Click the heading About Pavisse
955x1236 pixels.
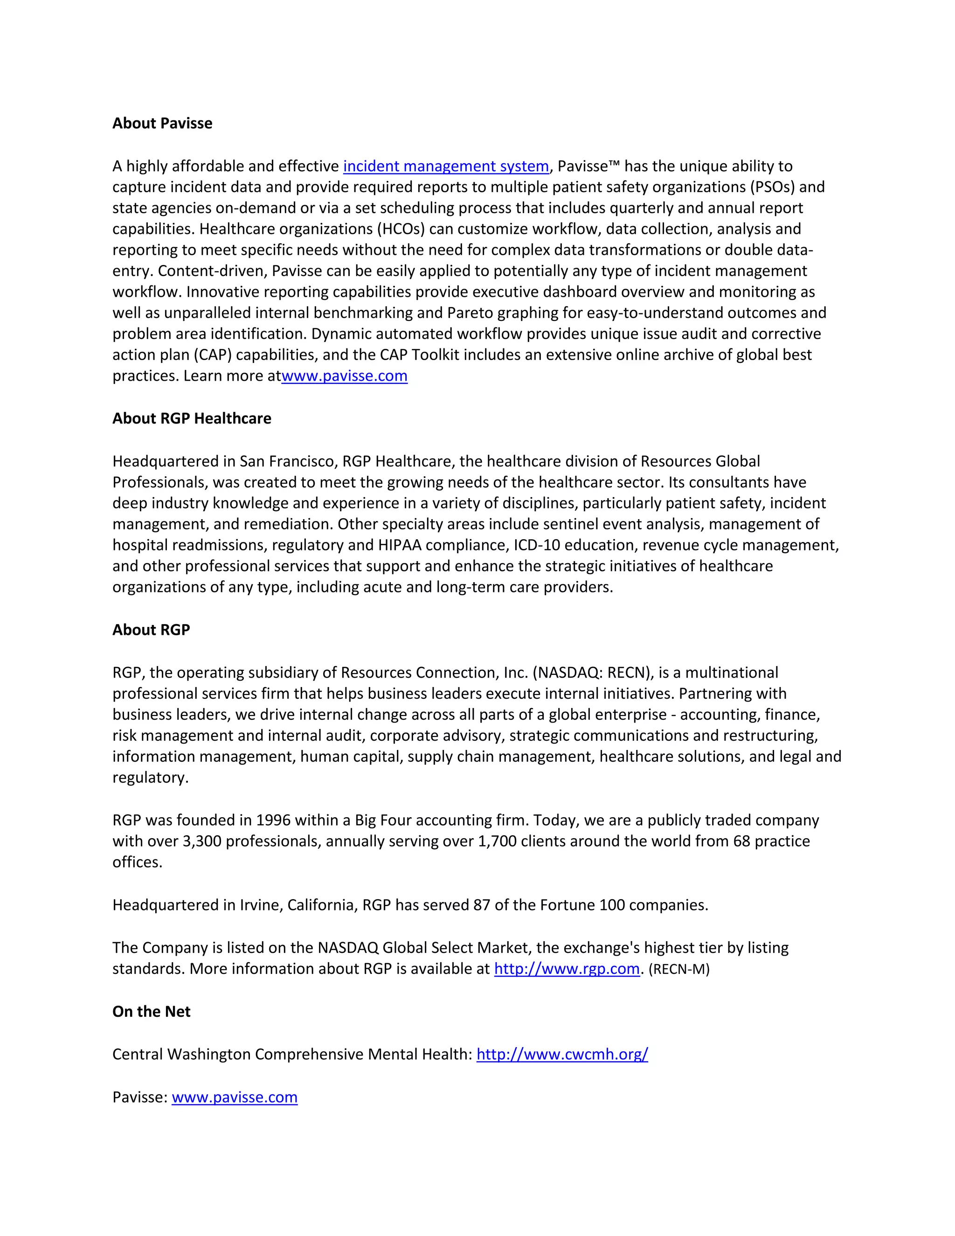[162, 124]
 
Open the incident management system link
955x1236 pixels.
[446, 167]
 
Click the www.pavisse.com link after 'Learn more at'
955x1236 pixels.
[344, 376]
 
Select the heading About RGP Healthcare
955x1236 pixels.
[192, 418]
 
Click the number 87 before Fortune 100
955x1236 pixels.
[481, 905]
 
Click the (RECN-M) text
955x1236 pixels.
[679, 970]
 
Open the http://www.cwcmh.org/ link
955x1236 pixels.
[562, 1055]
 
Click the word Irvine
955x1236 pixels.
[260, 905]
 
